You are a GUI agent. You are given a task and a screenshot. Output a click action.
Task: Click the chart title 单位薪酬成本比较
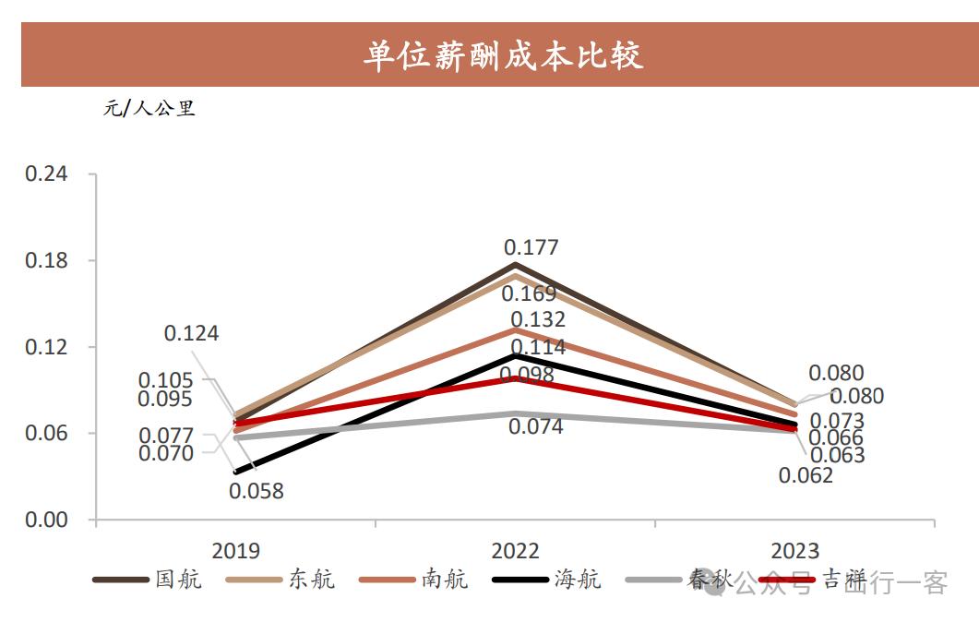tap(503, 55)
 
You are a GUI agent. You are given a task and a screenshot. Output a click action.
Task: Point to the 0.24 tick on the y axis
tap(47, 174)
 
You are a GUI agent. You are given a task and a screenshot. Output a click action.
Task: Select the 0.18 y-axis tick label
tap(47, 261)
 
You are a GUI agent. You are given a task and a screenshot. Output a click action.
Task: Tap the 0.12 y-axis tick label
tap(47, 348)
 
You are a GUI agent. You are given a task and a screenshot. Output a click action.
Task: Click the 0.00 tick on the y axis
tap(47, 520)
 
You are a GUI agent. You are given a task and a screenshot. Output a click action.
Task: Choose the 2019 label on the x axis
tap(236, 551)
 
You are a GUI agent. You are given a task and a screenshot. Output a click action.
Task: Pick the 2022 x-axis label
tap(515, 551)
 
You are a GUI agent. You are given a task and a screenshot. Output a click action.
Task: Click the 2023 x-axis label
tap(794, 551)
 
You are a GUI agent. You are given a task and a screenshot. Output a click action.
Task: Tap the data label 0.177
tap(531, 247)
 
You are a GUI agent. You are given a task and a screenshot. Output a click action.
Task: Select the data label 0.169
tap(529, 294)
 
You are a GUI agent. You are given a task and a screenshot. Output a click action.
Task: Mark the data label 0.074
tap(535, 427)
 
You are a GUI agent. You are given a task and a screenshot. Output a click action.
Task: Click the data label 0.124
tap(192, 333)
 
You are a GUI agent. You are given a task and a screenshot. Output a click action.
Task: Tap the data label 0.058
tap(257, 491)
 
